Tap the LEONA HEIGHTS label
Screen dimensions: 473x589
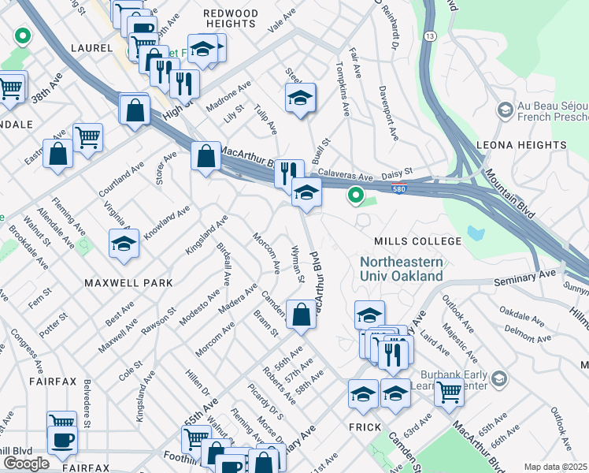click(x=520, y=145)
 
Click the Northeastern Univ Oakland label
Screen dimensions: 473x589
click(x=402, y=269)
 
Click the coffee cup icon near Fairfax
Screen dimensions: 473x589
click(x=62, y=440)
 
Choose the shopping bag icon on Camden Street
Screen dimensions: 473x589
click(x=301, y=315)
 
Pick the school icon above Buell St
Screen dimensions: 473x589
click(x=300, y=99)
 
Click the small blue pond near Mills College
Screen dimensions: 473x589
click(x=475, y=233)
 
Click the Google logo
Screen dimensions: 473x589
click(x=26, y=464)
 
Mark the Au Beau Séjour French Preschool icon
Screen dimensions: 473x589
click(x=502, y=110)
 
